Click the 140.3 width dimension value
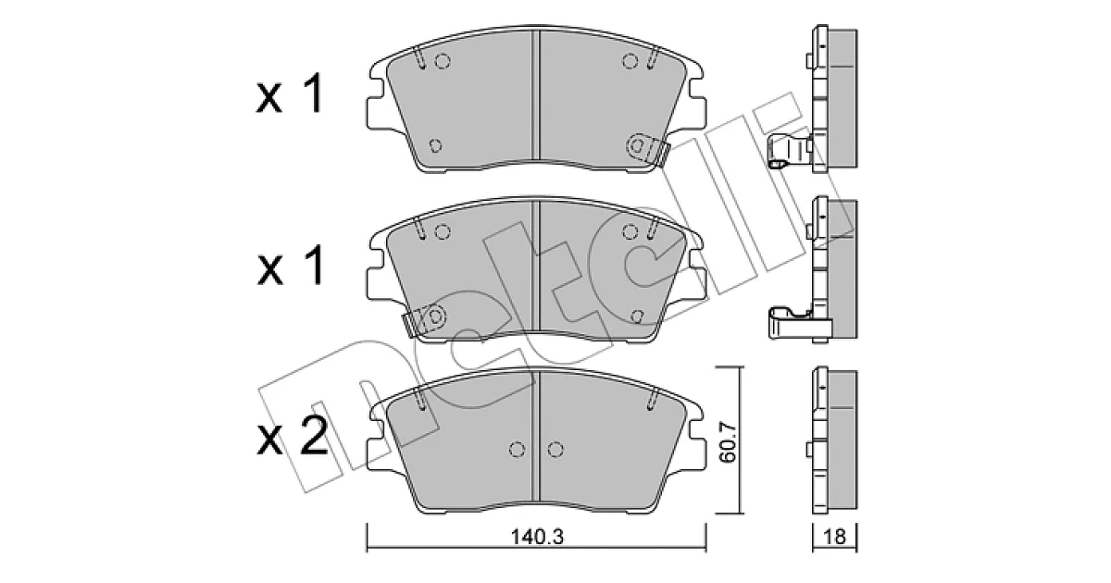tap(537, 537)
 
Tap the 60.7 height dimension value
tap(728, 442)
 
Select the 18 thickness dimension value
tap(834, 537)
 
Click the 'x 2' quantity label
tap(293, 436)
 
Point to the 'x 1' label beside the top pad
tap(290, 93)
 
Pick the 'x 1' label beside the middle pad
tap(291, 266)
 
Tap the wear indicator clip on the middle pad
tap(422, 321)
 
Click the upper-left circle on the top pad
tap(443, 61)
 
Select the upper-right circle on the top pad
tap(630, 61)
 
